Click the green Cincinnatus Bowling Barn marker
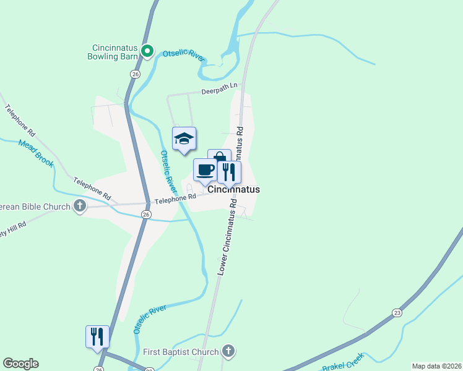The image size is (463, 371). [147, 51]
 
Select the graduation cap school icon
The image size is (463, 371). [184, 139]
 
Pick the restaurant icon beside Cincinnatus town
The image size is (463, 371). [229, 173]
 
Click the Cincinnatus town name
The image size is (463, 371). [233, 190]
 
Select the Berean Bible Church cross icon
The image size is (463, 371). [79, 206]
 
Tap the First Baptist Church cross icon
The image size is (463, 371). [228, 352]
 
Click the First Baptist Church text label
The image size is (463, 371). [181, 352]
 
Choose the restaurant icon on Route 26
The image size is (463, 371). [97, 336]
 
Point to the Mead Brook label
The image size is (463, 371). [36, 153]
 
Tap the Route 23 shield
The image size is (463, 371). [397, 313]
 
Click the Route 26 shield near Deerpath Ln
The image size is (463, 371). [134, 74]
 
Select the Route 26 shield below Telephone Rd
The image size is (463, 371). [145, 215]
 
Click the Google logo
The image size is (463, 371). [20, 364]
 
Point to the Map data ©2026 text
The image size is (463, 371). [436, 366]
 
